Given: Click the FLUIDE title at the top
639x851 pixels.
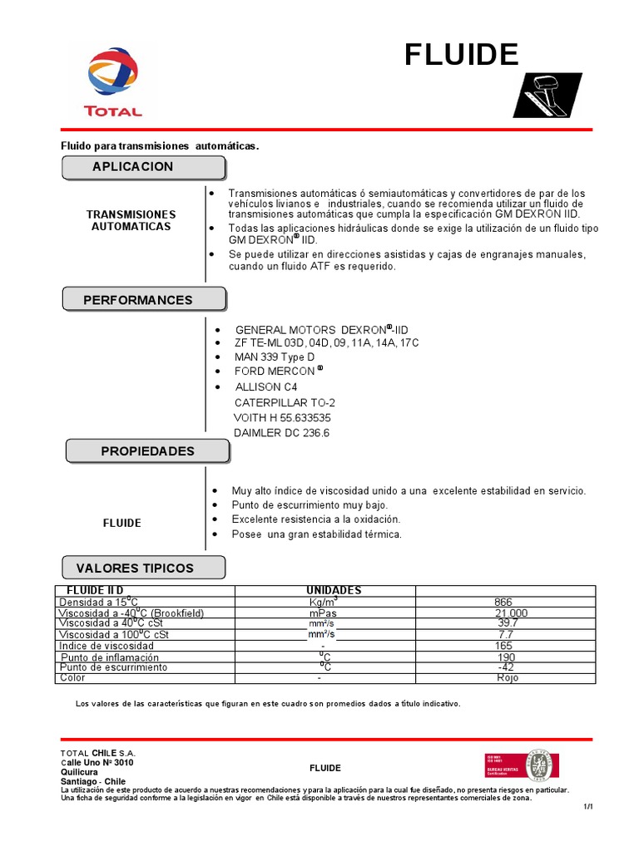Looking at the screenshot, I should (x=462, y=55).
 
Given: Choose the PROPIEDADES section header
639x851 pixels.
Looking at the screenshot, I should (x=147, y=451).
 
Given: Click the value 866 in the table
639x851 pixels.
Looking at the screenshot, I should (x=503, y=602).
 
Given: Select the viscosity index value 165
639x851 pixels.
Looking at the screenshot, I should (x=504, y=646).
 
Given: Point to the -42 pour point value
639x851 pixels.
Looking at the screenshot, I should (x=506, y=667).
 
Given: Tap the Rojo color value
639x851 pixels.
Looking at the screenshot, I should (x=507, y=678).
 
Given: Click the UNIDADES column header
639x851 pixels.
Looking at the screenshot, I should (x=334, y=590).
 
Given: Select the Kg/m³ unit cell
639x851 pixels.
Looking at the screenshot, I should (x=323, y=602).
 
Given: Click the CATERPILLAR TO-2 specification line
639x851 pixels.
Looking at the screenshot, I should (x=285, y=402).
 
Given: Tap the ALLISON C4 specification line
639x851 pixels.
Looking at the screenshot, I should (x=265, y=387).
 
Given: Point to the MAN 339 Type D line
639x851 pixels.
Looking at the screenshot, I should (x=274, y=357).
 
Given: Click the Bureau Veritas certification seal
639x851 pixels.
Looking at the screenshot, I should (x=541, y=765).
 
